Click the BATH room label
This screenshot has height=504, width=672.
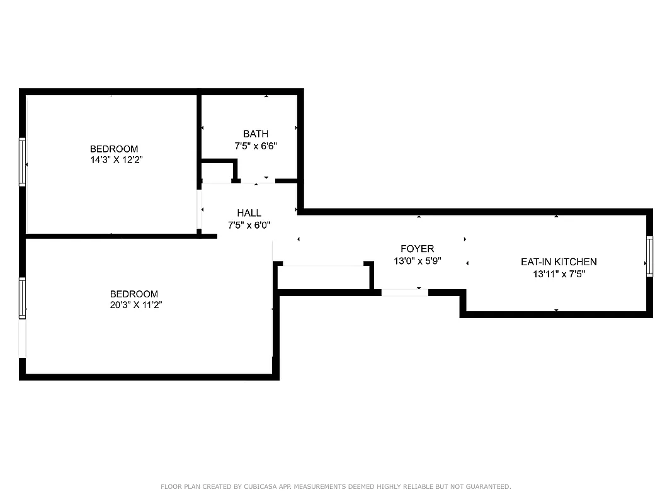[x=255, y=134]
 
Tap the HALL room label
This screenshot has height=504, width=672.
[x=249, y=213]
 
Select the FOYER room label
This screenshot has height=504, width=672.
[x=417, y=249]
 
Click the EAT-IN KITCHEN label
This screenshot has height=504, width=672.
[x=558, y=261]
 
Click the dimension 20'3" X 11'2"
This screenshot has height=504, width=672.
[x=134, y=305]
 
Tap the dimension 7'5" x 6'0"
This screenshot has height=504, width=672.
[x=249, y=225]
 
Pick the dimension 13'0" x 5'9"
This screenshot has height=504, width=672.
[x=417, y=260]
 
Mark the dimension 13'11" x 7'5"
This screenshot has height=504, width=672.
[x=558, y=273]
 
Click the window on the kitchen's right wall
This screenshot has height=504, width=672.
[x=649, y=256]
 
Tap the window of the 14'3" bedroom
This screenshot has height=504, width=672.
[x=23, y=163]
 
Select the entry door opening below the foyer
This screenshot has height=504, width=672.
[x=404, y=292]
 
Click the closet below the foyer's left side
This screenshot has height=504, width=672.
[x=322, y=278]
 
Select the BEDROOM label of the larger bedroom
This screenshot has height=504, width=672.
[x=134, y=294]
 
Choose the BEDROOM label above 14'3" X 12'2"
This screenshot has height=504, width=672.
[x=113, y=149]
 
